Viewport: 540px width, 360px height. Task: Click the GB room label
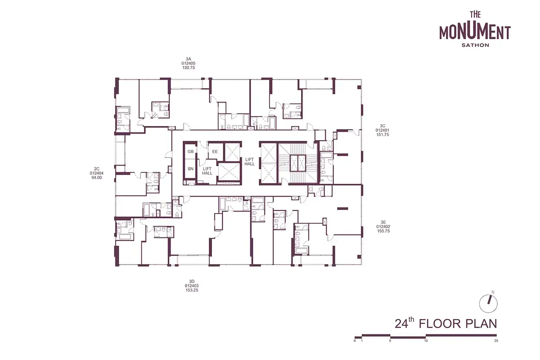coord(190,152)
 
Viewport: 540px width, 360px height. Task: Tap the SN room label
coord(190,169)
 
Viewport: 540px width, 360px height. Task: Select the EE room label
coord(215,152)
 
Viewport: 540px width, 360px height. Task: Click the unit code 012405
coord(189,63)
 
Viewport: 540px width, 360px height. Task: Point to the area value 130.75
coord(189,68)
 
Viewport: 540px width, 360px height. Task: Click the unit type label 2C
coord(97,169)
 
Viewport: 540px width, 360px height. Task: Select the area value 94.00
coord(97,178)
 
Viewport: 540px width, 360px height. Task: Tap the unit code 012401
coord(382,130)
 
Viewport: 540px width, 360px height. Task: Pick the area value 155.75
coord(383,231)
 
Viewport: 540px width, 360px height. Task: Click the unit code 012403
coord(192,286)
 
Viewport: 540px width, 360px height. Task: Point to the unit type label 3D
coord(192,281)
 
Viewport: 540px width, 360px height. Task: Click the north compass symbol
coord(488,304)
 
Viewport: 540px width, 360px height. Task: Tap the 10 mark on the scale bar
coord(426,341)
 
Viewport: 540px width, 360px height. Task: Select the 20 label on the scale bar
coord(496,341)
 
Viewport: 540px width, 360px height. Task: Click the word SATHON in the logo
coord(475,45)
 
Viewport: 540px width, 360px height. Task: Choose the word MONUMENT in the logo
coord(475,32)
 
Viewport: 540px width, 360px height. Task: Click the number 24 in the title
coord(401,324)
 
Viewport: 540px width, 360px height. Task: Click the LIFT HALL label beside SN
coord(207,171)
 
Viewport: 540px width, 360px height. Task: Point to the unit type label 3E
coord(383,222)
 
